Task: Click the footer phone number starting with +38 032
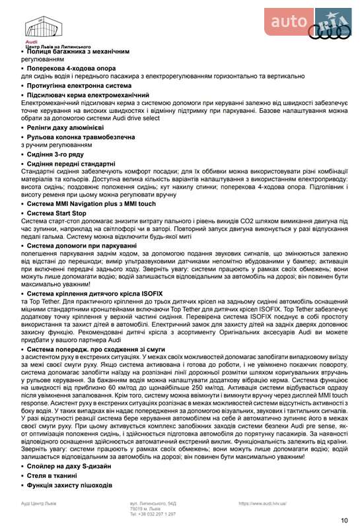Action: (x=153, y=513)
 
